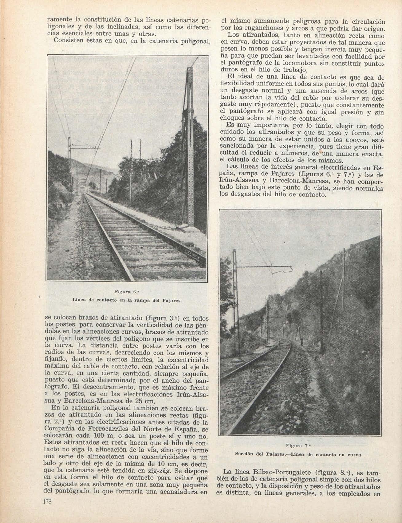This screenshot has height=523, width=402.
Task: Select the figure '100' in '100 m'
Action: [91, 436]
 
